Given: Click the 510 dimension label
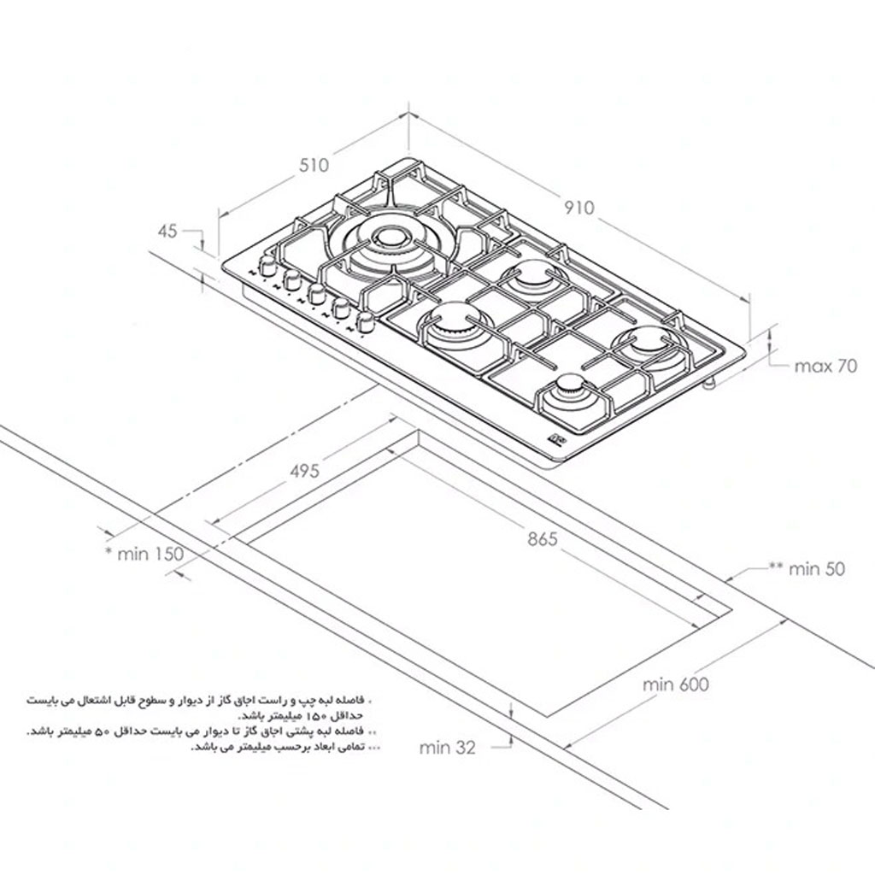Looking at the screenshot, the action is tap(314, 166).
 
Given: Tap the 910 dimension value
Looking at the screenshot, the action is tap(579, 208).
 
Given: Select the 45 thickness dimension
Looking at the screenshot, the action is tap(167, 231).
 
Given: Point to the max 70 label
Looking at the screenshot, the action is tap(825, 366).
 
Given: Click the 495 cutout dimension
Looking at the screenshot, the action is tap(305, 471).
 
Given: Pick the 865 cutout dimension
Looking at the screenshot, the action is tap(543, 539).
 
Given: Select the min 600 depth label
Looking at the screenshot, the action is tap(676, 684).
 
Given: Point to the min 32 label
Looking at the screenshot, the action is tap(448, 747).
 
